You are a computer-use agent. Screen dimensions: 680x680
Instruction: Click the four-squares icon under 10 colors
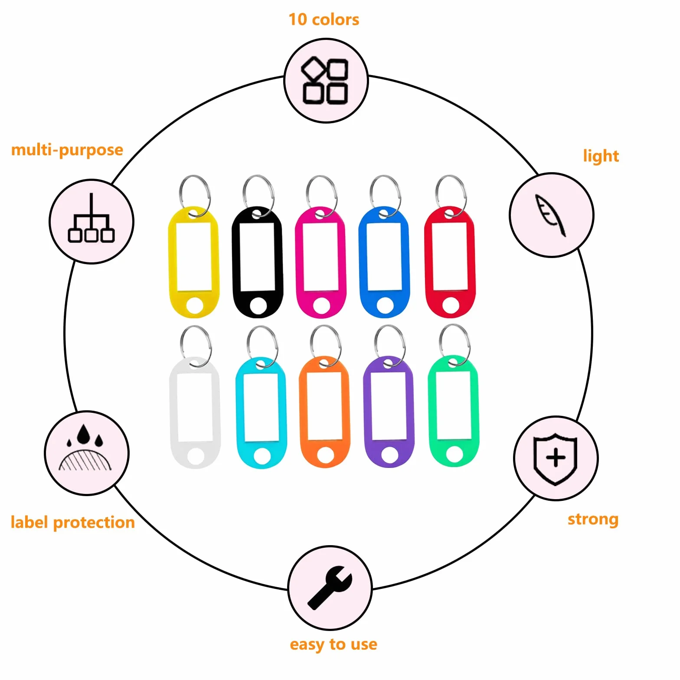coord(325,81)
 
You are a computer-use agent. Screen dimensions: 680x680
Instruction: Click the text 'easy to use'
coord(333,644)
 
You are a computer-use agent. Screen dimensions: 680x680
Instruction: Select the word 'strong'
coord(593,519)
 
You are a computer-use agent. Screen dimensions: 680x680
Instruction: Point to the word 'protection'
coord(94,523)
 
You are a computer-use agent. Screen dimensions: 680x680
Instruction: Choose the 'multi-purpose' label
coord(67,150)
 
